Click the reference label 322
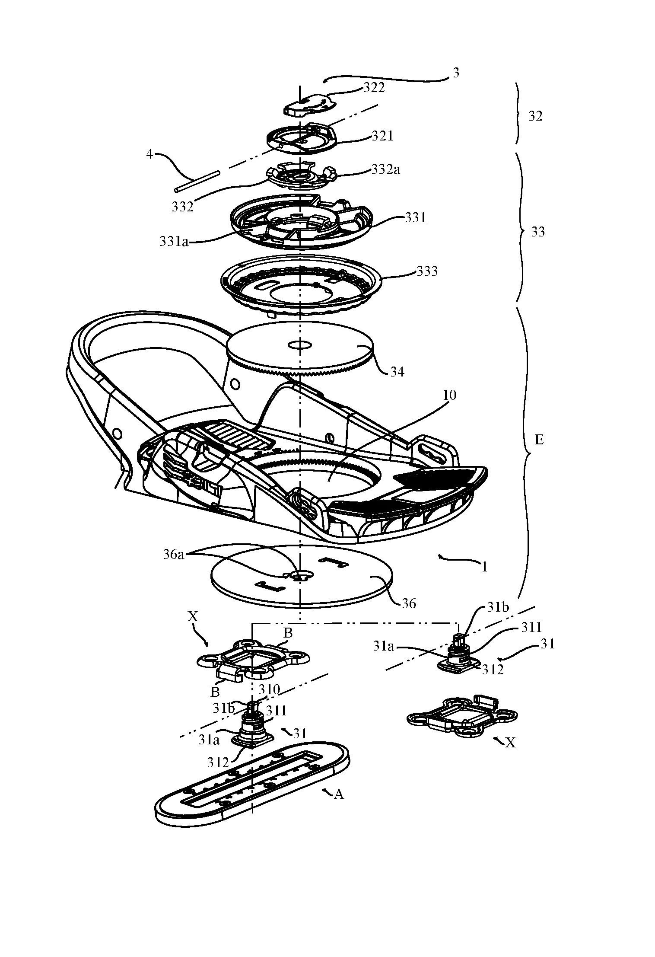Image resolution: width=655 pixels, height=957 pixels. point(374,88)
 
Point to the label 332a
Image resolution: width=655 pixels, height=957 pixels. point(385,170)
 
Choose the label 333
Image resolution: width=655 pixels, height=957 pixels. point(427,271)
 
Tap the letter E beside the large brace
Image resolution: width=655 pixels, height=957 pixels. point(539,440)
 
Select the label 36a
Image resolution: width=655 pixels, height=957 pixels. point(176,555)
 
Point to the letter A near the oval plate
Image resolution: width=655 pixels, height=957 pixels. point(339,794)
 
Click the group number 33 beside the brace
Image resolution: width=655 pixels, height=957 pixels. point(537,232)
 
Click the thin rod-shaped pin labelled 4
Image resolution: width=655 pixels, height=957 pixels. point(197,182)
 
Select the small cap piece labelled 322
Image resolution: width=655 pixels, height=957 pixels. point(305,106)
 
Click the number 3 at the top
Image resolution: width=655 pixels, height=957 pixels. point(456,73)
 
